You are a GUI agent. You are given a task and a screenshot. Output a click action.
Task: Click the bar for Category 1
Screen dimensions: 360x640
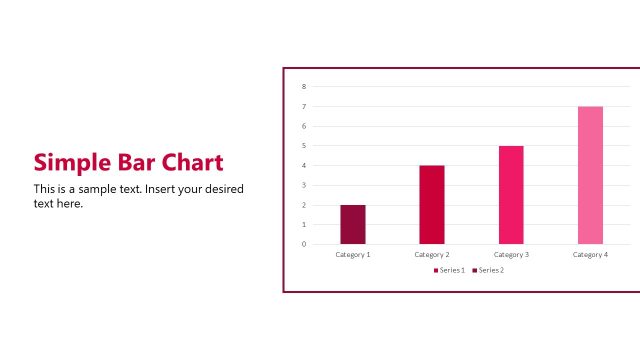tap(353, 224)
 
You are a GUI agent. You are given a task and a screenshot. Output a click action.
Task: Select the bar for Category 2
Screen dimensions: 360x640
tap(432, 204)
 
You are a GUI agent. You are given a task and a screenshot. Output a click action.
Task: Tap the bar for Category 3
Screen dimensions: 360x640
tap(511, 195)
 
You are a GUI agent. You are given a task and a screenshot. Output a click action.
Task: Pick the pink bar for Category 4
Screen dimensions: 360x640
tap(590, 175)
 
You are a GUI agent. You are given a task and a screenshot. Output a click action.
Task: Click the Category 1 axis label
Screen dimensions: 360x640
tap(353, 255)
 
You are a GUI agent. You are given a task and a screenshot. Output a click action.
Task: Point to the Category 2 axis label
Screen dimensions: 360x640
tap(432, 255)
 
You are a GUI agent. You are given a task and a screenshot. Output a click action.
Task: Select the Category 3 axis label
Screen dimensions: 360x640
tap(511, 255)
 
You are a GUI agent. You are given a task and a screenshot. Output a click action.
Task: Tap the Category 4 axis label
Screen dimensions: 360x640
tap(590, 255)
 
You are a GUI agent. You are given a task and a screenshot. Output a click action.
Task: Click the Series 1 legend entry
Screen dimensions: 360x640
tap(449, 270)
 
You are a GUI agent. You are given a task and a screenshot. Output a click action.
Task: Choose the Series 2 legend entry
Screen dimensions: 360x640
tap(489, 270)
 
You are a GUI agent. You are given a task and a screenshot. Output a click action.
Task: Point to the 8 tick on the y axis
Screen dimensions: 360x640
tap(304, 87)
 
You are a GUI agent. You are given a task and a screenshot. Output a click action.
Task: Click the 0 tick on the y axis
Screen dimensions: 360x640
tap(304, 244)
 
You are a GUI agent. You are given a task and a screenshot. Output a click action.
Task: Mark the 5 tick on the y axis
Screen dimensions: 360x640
tap(304, 146)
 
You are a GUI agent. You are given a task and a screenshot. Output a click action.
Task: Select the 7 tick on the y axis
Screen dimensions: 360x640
tap(304, 106)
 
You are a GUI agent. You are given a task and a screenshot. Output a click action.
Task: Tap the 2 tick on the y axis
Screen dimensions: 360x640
tap(304, 205)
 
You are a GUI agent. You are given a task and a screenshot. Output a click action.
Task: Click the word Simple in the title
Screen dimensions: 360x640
tap(69, 163)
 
